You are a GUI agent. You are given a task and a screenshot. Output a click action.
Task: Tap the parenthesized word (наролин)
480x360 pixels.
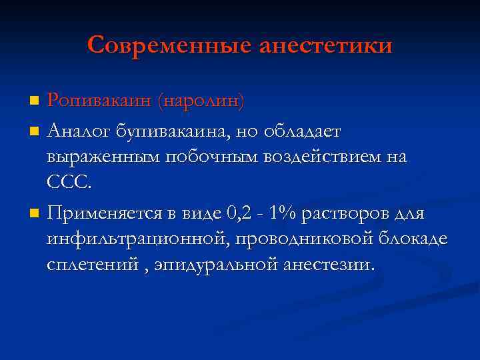click(x=201, y=101)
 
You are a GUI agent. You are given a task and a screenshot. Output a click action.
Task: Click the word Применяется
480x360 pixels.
click(x=105, y=214)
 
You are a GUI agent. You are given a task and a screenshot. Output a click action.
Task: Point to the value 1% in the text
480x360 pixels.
click(x=285, y=213)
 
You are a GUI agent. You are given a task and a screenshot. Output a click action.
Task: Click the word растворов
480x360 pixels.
click(x=353, y=214)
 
